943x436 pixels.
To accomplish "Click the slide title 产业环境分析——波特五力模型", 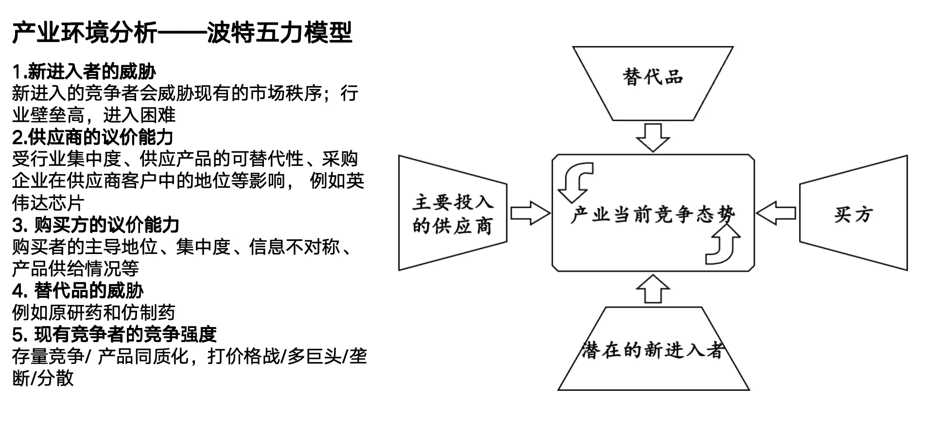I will pyautogui.click(x=182, y=33).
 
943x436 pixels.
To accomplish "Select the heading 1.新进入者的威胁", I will pyautogui.click(x=84, y=72).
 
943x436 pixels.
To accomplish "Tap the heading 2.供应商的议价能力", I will pyautogui.click(x=92, y=137).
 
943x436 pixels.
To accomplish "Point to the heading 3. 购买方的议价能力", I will pyautogui.click(x=96, y=225).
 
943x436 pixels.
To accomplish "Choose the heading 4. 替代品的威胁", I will pyautogui.click(x=78, y=291).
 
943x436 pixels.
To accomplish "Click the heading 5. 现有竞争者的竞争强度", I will pyautogui.click(x=114, y=334).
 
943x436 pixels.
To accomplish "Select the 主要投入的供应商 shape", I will pyautogui.click(x=452, y=214).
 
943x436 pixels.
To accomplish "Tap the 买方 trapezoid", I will pyautogui.click(x=854, y=214).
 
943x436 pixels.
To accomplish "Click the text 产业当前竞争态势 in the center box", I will pyautogui.click(x=653, y=215).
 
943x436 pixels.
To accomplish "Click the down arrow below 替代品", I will pyautogui.click(x=653, y=137).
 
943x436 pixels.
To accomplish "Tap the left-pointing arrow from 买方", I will pyautogui.click(x=776, y=213).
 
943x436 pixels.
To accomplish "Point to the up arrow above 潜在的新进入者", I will pyautogui.click(x=653, y=289).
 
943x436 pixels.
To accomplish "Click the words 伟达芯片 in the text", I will pyautogui.click(x=48, y=203).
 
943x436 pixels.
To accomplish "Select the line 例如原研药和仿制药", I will pyautogui.click(x=93, y=312).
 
